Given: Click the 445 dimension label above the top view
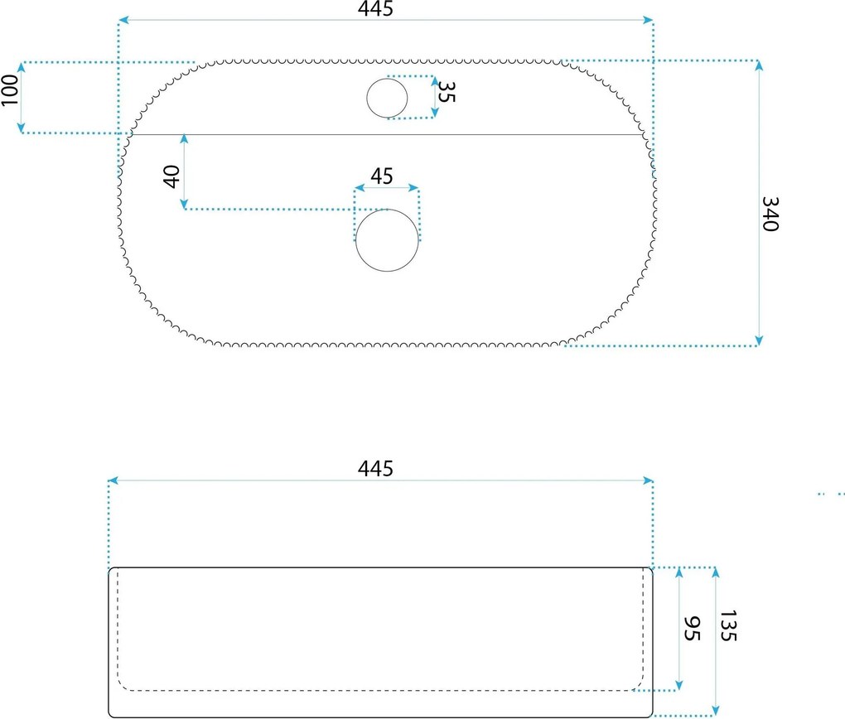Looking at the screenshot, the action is (x=375, y=8).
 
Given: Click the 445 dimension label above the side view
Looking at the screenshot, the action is (x=375, y=468).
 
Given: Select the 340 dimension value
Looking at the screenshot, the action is (x=770, y=214).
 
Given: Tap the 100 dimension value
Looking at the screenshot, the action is (x=10, y=90).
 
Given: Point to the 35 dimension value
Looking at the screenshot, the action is (x=447, y=92).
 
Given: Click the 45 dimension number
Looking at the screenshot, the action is (x=382, y=176).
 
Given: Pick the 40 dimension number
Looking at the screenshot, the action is (x=171, y=176).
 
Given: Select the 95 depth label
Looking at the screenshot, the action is (x=692, y=629).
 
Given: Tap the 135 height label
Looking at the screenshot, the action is (x=728, y=625).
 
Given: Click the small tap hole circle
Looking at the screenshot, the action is (x=387, y=98).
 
